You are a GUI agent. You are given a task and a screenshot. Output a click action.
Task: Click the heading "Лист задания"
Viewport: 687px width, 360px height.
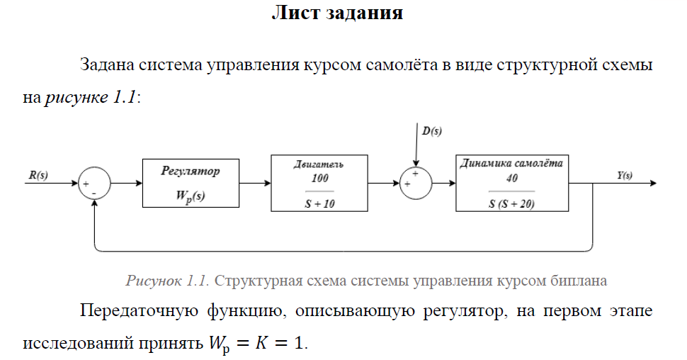[337, 14]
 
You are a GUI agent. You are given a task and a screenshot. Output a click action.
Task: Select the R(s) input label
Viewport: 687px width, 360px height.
[38, 174]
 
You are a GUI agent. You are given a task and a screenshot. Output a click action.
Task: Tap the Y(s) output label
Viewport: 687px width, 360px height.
[624, 175]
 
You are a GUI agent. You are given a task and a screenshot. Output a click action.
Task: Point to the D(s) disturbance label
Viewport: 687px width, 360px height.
[432, 130]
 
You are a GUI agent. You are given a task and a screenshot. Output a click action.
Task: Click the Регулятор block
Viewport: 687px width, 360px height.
[191, 183]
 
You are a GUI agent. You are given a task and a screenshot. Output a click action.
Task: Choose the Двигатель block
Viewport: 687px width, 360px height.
[319, 183]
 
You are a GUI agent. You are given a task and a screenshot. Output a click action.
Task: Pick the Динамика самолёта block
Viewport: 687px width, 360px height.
[511, 183]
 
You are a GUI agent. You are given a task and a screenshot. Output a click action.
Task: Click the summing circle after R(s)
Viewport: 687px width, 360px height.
[93, 183]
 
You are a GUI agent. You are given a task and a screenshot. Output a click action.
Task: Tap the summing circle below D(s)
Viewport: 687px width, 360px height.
[416, 183]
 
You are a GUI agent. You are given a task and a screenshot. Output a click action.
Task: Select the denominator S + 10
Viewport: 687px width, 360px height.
[319, 202]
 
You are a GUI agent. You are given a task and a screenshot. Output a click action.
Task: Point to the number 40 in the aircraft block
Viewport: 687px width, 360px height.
[511, 179]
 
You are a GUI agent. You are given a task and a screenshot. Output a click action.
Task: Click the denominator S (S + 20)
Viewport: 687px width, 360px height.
[511, 203]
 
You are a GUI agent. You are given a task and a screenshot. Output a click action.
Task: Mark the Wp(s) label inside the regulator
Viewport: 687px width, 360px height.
[191, 196]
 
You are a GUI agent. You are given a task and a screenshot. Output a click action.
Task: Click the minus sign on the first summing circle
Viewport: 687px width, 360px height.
[93, 193]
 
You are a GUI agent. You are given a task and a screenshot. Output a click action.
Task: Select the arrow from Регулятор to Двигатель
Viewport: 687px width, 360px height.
[255, 183]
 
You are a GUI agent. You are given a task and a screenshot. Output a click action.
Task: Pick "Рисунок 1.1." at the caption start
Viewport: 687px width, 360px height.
[167, 281]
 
